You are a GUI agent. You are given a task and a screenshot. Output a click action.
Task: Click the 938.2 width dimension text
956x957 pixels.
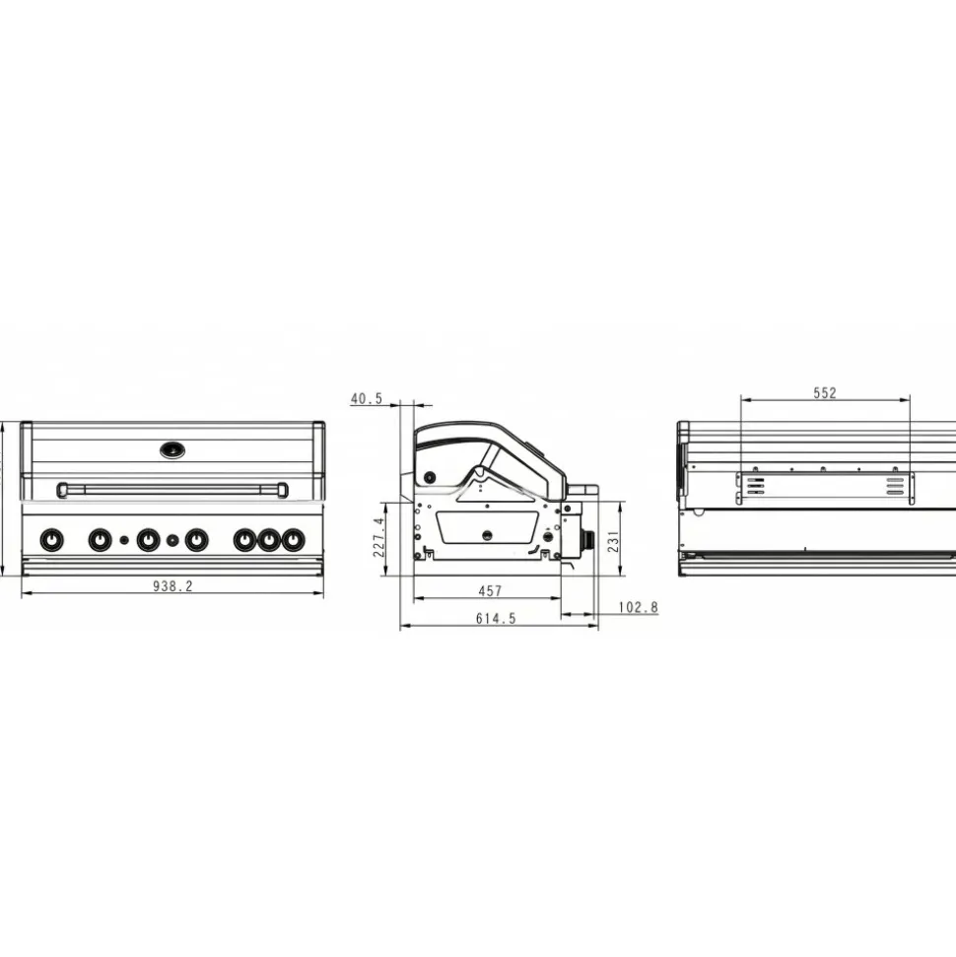coord(172,585)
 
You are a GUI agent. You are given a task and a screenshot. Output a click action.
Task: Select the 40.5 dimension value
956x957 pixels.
coord(367,398)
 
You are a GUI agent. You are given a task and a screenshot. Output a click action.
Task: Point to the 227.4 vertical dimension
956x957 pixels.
coord(379,537)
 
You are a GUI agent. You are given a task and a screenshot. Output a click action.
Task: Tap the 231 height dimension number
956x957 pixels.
coord(614,541)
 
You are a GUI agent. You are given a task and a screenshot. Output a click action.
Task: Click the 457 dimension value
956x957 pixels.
coord(490,590)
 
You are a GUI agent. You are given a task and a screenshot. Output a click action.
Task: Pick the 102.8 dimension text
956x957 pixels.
coord(639,607)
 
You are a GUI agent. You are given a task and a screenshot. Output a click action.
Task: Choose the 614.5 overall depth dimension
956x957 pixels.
coord(496,618)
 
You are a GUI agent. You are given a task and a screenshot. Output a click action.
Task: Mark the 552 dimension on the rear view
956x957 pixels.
coord(825,393)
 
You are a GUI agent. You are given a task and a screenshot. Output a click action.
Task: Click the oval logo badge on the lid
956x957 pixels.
coord(172,451)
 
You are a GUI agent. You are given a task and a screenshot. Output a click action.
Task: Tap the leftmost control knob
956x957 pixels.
coord(51,540)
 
